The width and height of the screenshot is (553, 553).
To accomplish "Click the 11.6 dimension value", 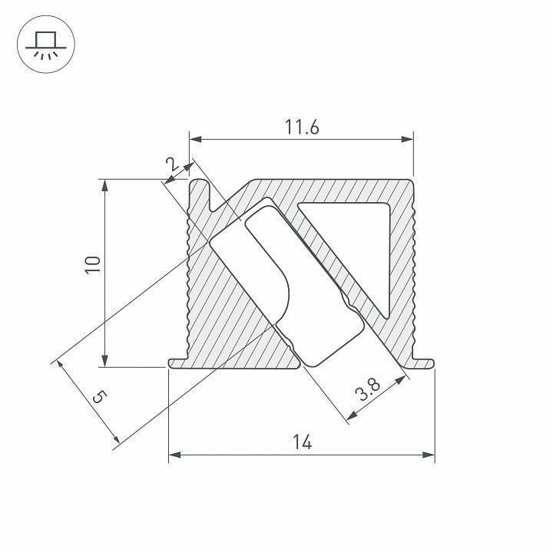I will pos(302,128).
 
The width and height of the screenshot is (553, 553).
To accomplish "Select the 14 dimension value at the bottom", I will pos(302,442).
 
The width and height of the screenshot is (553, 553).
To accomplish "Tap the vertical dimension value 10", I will pos(93,265).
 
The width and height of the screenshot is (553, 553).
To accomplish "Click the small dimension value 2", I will pos(171,163).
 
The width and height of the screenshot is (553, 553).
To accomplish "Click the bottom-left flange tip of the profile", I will pos(171,363).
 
